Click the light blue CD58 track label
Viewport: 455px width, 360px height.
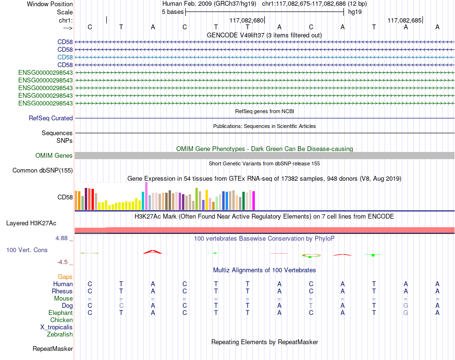click(x=65, y=57)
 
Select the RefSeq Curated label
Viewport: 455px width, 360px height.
click(x=51, y=118)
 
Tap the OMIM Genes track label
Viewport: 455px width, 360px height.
click(x=54, y=156)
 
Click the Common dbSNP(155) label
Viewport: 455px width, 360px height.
click(x=43, y=171)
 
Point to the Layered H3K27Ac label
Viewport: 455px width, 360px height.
click(x=31, y=223)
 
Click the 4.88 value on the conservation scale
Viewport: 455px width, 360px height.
click(x=61, y=238)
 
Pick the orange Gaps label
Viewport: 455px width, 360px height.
click(x=65, y=277)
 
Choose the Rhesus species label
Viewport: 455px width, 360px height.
click(x=62, y=291)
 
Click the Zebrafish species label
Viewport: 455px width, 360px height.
click(x=60, y=335)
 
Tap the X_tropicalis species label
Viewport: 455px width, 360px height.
click(x=57, y=327)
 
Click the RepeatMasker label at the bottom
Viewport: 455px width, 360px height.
click(x=53, y=348)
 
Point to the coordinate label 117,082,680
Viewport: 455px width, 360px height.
click(x=247, y=20)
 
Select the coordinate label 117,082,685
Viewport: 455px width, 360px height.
click(x=405, y=20)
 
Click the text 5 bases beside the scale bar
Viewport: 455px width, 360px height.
click(x=172, y=12)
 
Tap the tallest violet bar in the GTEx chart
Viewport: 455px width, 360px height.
click(x=146, y=196)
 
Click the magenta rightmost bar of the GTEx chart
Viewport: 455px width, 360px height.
click(x=254, y=201)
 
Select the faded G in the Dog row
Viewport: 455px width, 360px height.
click(x=406, y=305)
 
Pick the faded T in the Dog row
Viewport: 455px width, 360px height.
click(x=311, y=305)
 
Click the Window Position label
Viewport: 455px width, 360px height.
click(x=50, y=4)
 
